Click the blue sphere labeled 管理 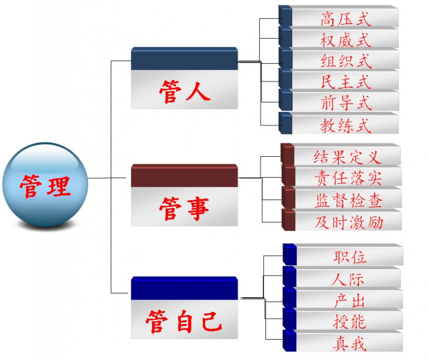pyautogui.click(x=45, y=185)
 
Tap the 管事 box pyautogui.click(x=184, y=206)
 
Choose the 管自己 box pyautogui.click(x=184, y=319)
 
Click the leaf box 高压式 pyautogui.click(x=345, y=19)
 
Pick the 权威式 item pyautogui.click(x=345, y=40)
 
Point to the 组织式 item pyautogui.click(x=345, y=60)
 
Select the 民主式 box pyautogui.click(x=345, y=81)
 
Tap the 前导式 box pyautogui.click(x=345, y=102)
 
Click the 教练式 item pyautogui.click(x=345, y=125)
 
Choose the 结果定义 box pyautogui.click(x=347, y=156)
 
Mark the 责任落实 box pyautogui.click(x=347, y=177)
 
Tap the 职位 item pyautogui.click(x=349, y=256)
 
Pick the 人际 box pyautogui.click(x=348, y=278)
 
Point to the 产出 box pyautogui.click(x=349, y=300)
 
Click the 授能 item pyautogui.click(x=349, y=321)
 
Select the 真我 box pyautogui.click(x=349, y=343)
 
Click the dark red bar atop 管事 pyautogui.click(x=184, y=176)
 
